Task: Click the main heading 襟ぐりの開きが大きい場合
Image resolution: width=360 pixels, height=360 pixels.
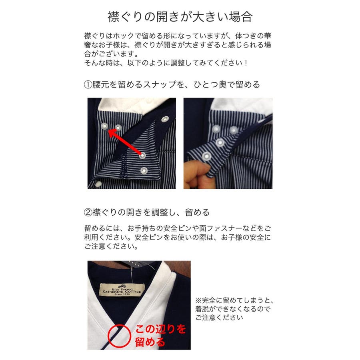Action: pos(180,17)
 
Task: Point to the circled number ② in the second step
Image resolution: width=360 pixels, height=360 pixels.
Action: pos(88,212)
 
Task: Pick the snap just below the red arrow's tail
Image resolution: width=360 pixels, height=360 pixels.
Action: pos(144,171)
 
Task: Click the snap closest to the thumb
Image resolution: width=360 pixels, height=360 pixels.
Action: pos(207,156)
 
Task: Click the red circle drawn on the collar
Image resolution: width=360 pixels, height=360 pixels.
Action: pos(120,335)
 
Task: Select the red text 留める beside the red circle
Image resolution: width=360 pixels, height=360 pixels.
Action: pos(150,342)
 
